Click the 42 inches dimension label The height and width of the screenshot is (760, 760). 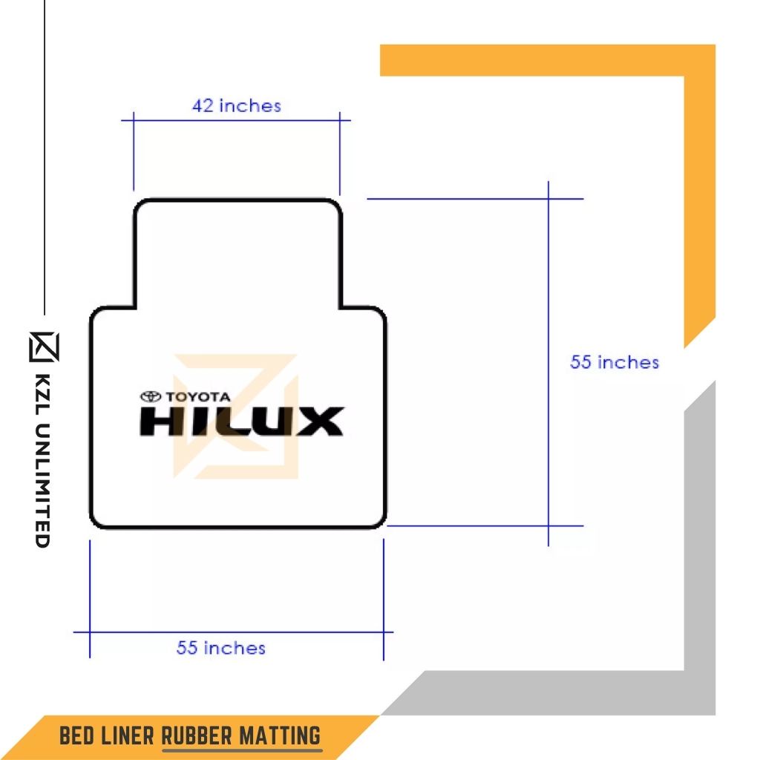tap(237, 105)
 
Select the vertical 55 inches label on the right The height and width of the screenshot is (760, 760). tap(615, 362)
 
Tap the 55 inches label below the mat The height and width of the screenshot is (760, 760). tap(221, 647)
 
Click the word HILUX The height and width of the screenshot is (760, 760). tap(242, 422)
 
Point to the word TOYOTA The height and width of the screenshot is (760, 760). tap(198, 397)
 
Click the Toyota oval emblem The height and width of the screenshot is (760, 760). tap(151, 397)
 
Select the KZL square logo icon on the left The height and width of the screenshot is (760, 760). tap(44, 347)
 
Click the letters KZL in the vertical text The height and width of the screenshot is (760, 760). tap(44, 394)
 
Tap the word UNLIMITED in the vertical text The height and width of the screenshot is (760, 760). tap(44, 485)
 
